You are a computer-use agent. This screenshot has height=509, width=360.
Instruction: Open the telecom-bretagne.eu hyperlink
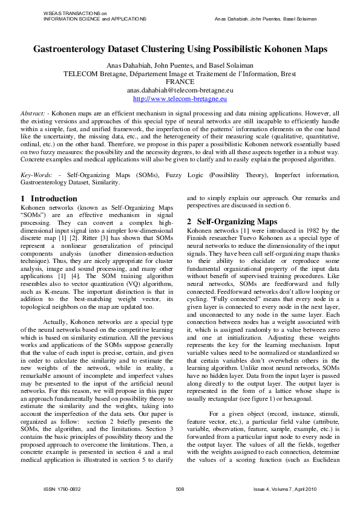pyautogui.click(x=180, y=98)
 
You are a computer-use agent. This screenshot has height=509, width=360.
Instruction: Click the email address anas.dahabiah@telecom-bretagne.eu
pyautogui.click(x=180, y=89)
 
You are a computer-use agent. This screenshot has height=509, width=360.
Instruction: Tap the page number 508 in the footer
pyautogui.click(x=180, y=488)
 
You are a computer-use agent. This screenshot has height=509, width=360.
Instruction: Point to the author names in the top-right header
pyautogui.click(x=266, y=19)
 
